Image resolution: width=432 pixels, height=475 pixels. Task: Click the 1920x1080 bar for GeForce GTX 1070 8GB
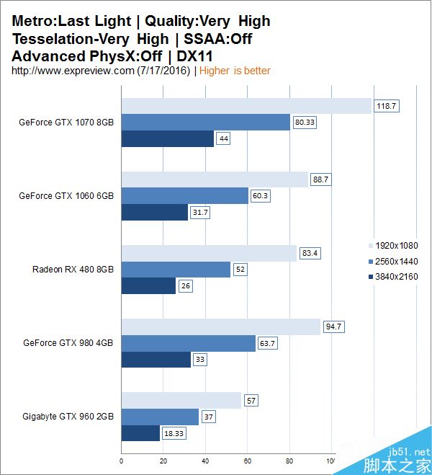pyautogui.click(x=246, y=106)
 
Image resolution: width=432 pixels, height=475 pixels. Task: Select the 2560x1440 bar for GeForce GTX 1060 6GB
pyautogui.click(x=184, y=195)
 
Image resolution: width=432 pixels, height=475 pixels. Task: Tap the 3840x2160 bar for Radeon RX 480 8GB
pyautogui.click(x=148, y=285)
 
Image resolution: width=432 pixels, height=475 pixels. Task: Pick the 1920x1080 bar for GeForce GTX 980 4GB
pyautogui.click(x=220, y=327)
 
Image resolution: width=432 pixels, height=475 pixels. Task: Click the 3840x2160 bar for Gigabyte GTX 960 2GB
pyautogui.click(x=140, y=433)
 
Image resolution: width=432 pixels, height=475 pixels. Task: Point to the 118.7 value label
pyautogui.click(x=387, y=106)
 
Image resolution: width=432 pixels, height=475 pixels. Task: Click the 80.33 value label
pyautogui.click(x=305, y=123)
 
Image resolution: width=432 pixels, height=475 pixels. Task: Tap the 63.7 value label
pyautogui.click(x=268, y=343)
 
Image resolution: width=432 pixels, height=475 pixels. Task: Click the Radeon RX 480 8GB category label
pyautogui.click(x=73, y=270)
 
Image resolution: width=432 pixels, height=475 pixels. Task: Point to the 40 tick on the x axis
pyautogui.click(x=205, y=461)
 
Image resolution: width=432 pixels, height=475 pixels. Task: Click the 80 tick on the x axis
pyautogui.click(x=289, y=461)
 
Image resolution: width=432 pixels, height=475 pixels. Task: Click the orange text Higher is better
pyautogui.click(x=235, y=70)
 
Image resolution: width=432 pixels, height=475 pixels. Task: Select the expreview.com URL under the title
pyautogui.click(x=101, y=70)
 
